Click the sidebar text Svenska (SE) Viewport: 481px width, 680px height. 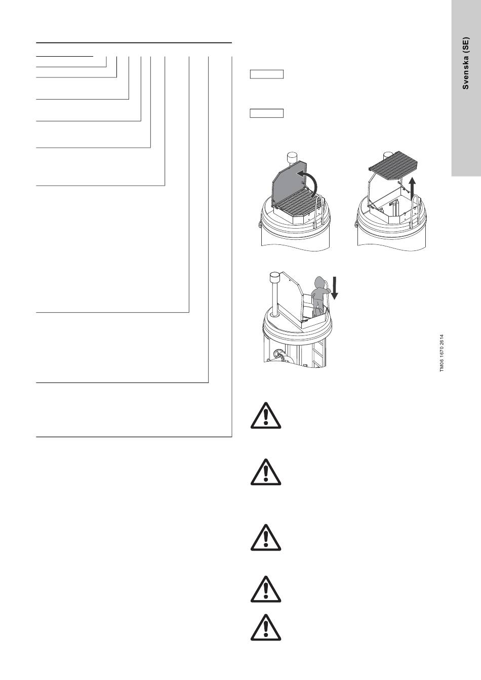tap(465, 63)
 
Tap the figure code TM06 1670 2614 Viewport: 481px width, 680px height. tap(442, 353)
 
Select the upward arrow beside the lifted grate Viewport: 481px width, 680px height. tap(412, 189)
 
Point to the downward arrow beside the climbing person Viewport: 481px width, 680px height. tap(335, 287)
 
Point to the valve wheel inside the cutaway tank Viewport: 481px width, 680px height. tap(278, 355)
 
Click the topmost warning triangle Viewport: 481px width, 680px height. tap(266, 415)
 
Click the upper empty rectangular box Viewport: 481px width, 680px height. tap(267, 74)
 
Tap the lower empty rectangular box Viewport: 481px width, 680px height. tap(267, 113)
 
